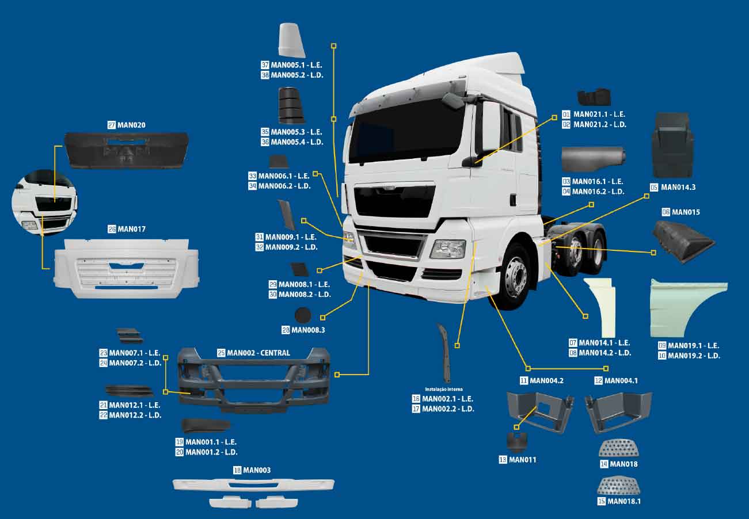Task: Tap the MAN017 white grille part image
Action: pyautogui.click(x=128, y=268)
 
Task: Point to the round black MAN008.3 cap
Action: pyautogui.click(x=302, y=315)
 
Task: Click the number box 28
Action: pyautogui.click(x=286, y=330)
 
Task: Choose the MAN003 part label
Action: pyautogui.click(x=256, y=470)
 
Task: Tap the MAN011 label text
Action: pyautogui.click(x=523, y=460)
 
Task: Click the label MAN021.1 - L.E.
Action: pyautogui.click(x=599, y=115)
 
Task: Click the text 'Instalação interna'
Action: pyautogui.click(x=444, y=389)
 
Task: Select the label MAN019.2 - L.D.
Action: pyautogui.click(x=694, y=356)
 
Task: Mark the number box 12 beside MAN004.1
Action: pyautogui.click(x=599, y=381)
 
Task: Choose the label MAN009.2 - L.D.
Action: pyautogui.click(x=291, y=247)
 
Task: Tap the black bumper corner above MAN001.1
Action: pyautogui.click(x=206, y=426)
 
